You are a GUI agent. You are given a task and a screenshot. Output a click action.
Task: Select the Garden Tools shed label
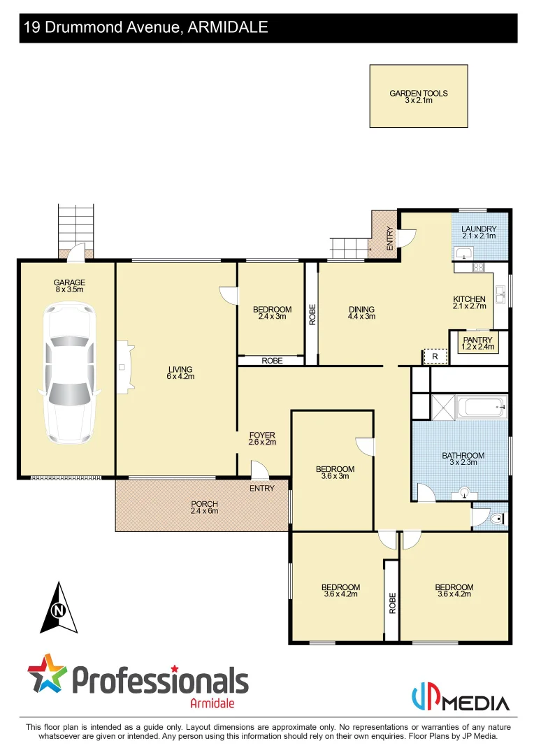[419, 93]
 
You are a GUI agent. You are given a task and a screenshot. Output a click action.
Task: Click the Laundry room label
[479, 229]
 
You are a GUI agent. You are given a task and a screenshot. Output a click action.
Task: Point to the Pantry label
[478, 340]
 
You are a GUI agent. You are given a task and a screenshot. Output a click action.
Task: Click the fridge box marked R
[435, 357]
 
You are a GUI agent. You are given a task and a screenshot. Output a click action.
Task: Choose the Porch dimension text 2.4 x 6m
[205, 511]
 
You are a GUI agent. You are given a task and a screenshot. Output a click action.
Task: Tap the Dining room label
[361, 309]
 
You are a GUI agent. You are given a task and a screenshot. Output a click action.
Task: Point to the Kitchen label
[469, 299]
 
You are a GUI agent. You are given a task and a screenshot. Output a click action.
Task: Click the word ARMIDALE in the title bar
[228, 28]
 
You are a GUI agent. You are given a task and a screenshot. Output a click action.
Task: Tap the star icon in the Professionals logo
[47, 673]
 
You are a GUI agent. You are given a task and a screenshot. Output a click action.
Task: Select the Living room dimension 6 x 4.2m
[180, 377]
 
